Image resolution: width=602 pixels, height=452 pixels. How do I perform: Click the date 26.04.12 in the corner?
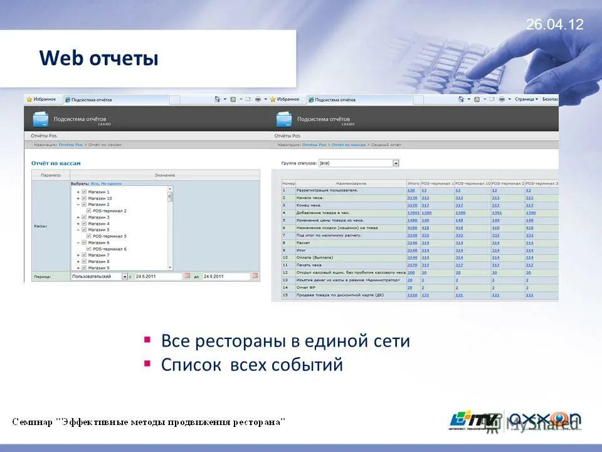pyautogui.click(x=554, y=24)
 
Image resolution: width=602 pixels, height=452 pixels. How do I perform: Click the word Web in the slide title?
pyautogui.click(x=61, y=59)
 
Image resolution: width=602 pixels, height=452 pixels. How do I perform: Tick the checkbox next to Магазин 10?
pyautogui.click(x=84, y=198)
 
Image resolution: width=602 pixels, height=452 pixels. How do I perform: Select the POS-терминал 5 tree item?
pyautogui.click(x=110, y=236)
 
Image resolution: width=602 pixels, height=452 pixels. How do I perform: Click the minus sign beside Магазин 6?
pyautogui.click(x=78, y=243)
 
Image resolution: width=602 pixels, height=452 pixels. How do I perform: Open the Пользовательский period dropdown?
pyautogui.click(x=125, y=276)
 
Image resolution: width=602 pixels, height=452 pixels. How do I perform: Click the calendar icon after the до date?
pyautogui.click(x=255, y=276)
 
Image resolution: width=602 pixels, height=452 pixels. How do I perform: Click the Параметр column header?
pyautogui.click(x=51, y=175)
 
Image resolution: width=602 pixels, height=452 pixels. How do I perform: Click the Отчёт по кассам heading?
pyautogui.click(x=56, y=163)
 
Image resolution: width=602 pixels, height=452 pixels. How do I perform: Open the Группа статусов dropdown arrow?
pyautogui.click(x=396, y=163)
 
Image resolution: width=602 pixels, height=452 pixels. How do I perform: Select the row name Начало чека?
pyautogui.click(x=312, y=198)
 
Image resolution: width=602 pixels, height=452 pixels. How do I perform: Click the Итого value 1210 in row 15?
pyautogui.click(x=412, y=295)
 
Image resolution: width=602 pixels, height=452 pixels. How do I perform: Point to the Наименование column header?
pyautogui.click(x=351, y=183)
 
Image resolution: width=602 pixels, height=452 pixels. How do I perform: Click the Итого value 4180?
pyautogui.click(x=412, y=228)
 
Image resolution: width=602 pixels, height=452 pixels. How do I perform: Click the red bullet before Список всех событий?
pyautogui.click(x=147, y=363)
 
